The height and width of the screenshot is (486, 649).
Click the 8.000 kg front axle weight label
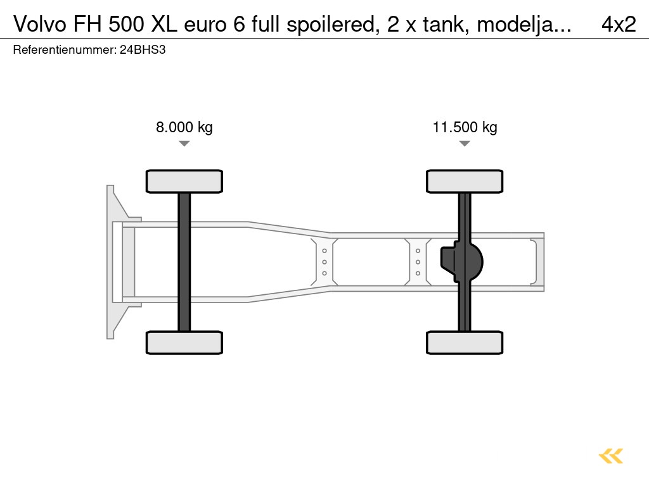[x=184, y=127]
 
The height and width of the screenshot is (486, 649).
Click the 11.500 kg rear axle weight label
[x=465, y=127]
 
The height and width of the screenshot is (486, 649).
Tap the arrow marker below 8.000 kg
[x=184, y=144]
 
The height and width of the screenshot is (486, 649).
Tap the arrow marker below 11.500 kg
[x=465, y=144]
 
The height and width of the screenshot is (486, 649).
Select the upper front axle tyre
[x=184, y=181]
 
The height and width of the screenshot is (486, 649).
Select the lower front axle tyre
[x=184, y=342]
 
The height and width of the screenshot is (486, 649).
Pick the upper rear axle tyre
[x=465, y=181]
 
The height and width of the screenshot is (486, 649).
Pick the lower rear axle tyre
[x=465, y=342]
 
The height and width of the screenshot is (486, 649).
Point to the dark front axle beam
[x=184, y=261]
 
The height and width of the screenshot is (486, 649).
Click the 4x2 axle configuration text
[x=618, y=24]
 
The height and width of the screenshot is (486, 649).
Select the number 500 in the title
[x=126, y=24]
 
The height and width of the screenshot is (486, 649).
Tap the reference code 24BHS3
[x=143, y=49]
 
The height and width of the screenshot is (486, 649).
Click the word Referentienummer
[x=63, y=49]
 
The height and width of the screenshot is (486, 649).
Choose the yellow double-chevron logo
[x=611, y=456]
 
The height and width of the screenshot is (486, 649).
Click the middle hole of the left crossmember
[x=324, y=262]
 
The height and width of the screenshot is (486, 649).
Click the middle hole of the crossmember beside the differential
[x=418, y=262]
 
